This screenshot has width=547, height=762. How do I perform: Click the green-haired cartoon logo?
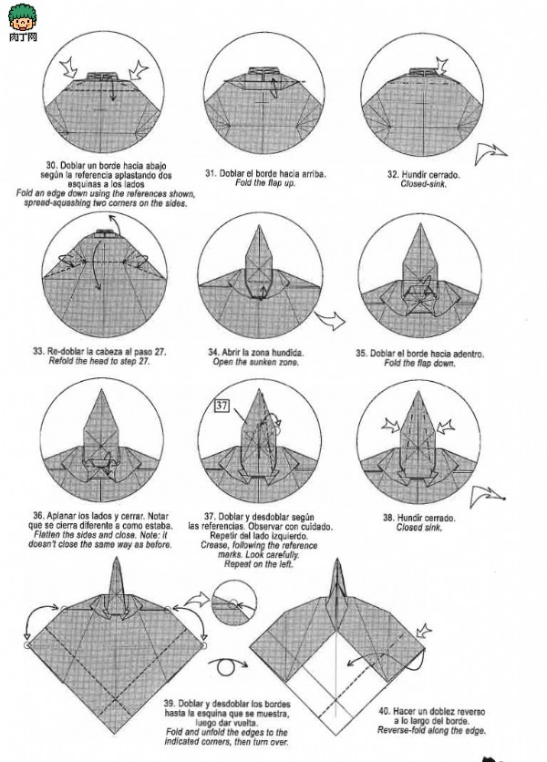coord(23,18)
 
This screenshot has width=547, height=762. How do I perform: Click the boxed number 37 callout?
coord(222,406)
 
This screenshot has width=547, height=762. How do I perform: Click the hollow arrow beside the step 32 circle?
coord(490,153)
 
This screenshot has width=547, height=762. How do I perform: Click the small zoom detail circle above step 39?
coord(234,602)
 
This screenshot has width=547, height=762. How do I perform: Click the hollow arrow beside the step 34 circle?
coord(331,320)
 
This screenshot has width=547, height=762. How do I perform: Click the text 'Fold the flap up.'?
coord(265,183)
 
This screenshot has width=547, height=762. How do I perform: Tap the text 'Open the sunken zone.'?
coord(255,362)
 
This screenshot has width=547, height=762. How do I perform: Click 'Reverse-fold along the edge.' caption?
coord(431,730)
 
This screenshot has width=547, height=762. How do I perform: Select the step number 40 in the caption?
coord(384,712)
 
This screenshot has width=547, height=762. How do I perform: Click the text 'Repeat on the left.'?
coord(258,564)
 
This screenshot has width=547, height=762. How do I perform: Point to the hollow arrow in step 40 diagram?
coord(424,631)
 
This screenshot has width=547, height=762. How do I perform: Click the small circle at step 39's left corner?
coord(27,645)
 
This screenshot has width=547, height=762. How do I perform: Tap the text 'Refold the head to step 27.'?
coord(99,361)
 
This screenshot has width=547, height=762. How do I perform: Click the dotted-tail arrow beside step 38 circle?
coord(488,496)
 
